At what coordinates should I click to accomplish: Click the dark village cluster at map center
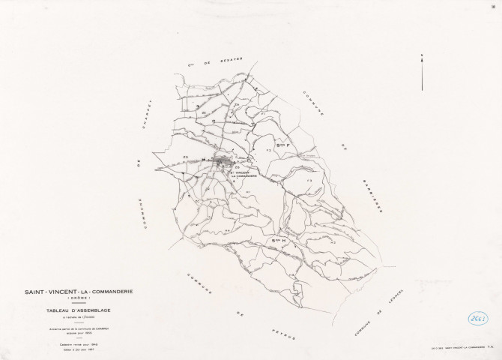(x=224, y=161)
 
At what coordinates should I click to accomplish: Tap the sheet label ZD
(x=185, y=157)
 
